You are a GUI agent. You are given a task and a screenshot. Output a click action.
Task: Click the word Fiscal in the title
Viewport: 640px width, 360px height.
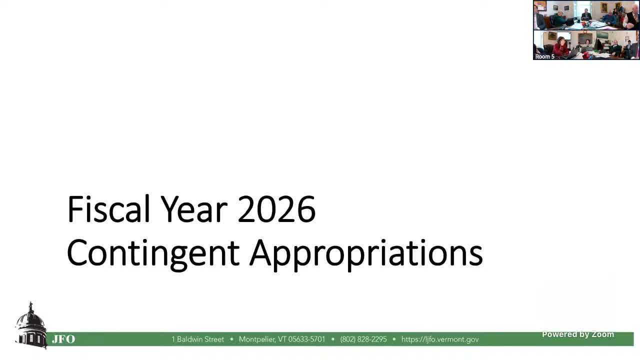108,209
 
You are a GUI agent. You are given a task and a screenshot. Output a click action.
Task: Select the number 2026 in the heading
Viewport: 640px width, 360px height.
276,209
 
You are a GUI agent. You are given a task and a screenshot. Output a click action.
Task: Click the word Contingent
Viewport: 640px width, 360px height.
153,253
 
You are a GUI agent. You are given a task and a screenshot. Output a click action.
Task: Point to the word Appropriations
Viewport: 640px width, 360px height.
366,253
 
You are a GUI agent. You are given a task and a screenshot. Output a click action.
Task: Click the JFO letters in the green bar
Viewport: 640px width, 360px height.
63,339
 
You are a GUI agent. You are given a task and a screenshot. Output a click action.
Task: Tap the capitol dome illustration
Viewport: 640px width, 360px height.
31,327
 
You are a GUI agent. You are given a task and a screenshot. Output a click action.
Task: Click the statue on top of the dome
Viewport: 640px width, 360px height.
31,305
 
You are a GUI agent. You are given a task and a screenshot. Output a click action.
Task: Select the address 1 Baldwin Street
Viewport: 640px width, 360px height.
198,339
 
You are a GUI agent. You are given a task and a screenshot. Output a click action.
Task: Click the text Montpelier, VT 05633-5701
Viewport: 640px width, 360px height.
282,339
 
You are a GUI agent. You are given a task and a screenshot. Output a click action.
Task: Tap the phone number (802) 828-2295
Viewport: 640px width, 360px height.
363,339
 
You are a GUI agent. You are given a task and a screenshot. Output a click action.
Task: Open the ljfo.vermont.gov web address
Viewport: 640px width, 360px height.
440,339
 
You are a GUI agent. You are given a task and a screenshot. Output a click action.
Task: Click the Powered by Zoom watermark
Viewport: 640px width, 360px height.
578,334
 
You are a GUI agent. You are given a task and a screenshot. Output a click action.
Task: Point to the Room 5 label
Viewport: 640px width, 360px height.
544,56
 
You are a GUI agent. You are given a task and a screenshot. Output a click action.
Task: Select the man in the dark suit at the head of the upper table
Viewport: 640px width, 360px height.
586,14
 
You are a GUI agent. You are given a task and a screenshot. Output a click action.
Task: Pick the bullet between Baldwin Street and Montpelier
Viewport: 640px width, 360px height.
231,339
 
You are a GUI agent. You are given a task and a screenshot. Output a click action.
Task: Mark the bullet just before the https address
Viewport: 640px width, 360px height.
394,339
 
